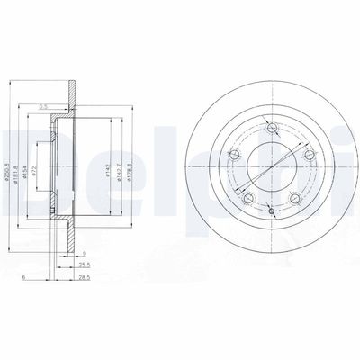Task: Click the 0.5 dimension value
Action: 43,107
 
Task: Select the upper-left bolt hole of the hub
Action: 237,157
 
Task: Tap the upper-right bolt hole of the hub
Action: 304,157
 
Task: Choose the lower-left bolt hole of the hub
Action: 249,198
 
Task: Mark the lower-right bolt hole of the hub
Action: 292,198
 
